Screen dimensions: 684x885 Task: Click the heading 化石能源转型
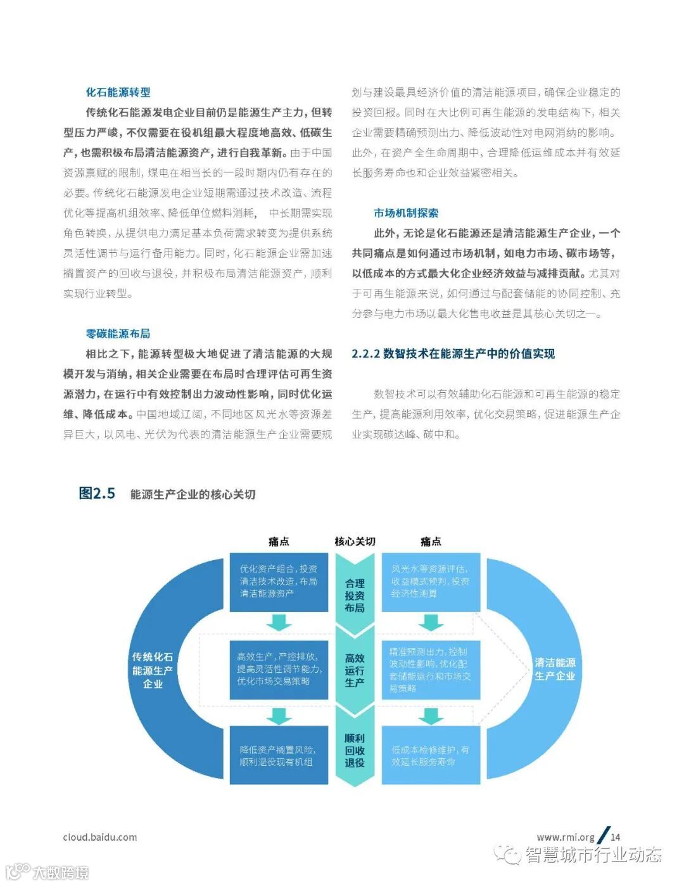click(118, 92)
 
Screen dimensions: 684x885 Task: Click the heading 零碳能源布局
click(118, 334)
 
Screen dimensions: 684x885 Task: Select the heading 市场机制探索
click(406, 213)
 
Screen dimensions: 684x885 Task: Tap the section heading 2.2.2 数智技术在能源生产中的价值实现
click(453, 354)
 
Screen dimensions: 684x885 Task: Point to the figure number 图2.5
click(97, 493)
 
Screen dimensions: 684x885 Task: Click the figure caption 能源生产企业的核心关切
click(193, 495)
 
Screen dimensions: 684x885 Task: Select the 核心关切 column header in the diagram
click(355, 542)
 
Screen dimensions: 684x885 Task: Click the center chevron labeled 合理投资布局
click(355, 595)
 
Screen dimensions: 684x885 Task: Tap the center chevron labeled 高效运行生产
click(355, 670)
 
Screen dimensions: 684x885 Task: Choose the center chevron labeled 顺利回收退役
click(355, 750)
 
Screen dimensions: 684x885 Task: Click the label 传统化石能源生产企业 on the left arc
click(153, 670)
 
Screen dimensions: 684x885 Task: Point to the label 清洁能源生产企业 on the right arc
click(555, 669)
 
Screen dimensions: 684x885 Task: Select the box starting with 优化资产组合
click(279, 582)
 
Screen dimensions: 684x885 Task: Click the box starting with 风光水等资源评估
click(431, 582)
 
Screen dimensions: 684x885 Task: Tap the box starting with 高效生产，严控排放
click(279, 670)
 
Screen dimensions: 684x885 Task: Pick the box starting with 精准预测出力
click(431, 670)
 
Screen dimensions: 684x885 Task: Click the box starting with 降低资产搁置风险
click(279, 756)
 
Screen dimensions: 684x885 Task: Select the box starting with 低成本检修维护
click(431, 756)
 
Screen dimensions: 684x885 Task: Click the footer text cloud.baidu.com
click(100, 837)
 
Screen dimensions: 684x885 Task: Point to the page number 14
click(616, 837)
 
